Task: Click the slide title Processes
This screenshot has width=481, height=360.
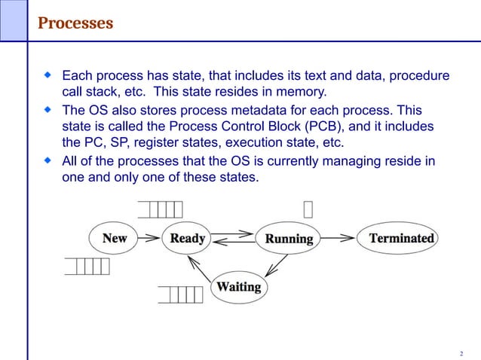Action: pyautogui.click(x=75, y=23)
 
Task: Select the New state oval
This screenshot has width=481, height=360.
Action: pyautogui.click(x=115, y=239)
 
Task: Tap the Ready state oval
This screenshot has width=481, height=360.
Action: pyautogui.click(x=188, y=239)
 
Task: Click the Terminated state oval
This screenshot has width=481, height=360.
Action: pyautogui.click(x=401, y=239)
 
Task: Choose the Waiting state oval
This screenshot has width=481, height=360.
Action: pyautogui.click(x=238, y=287)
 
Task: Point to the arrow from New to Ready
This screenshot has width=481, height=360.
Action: pyautogui.click(x=150, y=239)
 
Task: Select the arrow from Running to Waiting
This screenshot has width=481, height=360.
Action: pyautogui.click(x=277, y=264)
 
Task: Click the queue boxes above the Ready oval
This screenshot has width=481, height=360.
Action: pyautogui.click(x=161, y=207)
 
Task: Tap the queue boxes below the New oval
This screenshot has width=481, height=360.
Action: pyautogui.click(x=87, y=267)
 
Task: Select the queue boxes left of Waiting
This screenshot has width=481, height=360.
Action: pyautogui.click(x=180, y=294)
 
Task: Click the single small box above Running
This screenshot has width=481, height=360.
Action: pyautogui.click(x=308, y=207)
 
